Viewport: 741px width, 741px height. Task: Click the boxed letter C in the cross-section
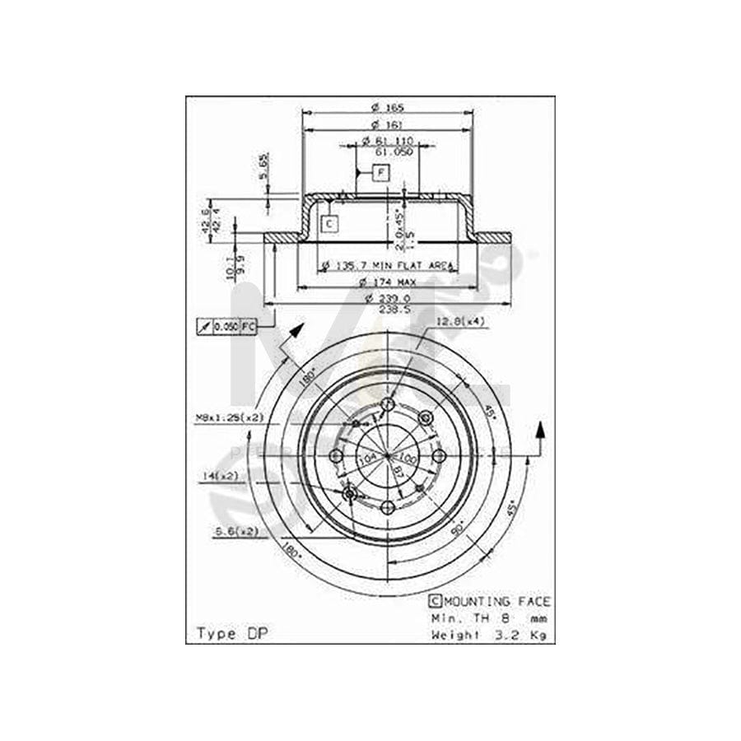pyautogui.click(x=329, y=222)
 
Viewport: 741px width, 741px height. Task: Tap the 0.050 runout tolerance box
pyautogui.click(x=226, y=327)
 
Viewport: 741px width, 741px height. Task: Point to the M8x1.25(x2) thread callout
pyautogui.click(x=225, y=417)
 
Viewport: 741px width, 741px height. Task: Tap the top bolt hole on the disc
pyautogui.click(x=387, y=405)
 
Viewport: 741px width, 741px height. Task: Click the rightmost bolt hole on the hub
pyautogui.click(x=439, y=456)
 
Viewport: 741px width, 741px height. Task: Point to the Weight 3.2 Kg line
pyautogui.click(x=490, y=635)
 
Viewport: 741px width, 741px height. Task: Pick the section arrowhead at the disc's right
pyautogui.click(x=540, y=430)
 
